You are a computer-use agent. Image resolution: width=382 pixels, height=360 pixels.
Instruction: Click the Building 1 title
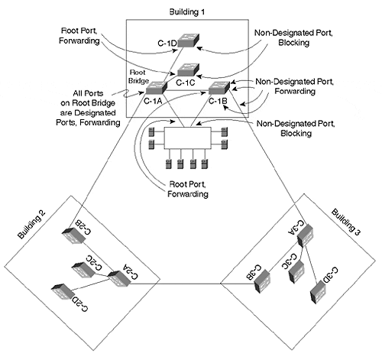click(186, 11)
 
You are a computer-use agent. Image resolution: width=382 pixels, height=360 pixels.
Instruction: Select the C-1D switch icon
click(189, 41)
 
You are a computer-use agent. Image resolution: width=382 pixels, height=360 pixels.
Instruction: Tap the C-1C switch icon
click(188, 70)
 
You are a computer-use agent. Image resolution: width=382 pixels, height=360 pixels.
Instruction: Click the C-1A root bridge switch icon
click(157, 88)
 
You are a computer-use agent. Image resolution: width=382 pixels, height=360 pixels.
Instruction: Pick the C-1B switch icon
click(219, 88)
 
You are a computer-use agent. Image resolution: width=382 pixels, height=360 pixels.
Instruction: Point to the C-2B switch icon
click(73, 235)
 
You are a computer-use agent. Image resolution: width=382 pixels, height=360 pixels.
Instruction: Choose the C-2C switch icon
click(83, 271)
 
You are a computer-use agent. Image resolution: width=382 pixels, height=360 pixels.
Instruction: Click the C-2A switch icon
click(119, 279)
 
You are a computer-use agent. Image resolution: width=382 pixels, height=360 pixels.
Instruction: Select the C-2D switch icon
click(63, 291)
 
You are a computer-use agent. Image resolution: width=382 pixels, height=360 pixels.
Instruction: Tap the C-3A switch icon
click(306, 235)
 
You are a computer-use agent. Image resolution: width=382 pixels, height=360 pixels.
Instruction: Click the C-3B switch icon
click(262, 281)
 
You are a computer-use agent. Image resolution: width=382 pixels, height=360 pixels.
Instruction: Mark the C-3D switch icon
click(318, 293)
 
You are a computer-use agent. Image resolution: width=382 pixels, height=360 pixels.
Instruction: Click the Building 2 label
click(31, 224)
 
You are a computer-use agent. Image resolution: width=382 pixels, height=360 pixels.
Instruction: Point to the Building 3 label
click(345, 222)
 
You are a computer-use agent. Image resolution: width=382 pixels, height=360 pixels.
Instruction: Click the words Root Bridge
click(138, 76)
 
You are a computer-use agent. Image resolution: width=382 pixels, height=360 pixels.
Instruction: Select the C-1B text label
click(218, 101)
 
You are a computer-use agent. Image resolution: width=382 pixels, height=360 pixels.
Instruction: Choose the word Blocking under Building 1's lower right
click(296, 133)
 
